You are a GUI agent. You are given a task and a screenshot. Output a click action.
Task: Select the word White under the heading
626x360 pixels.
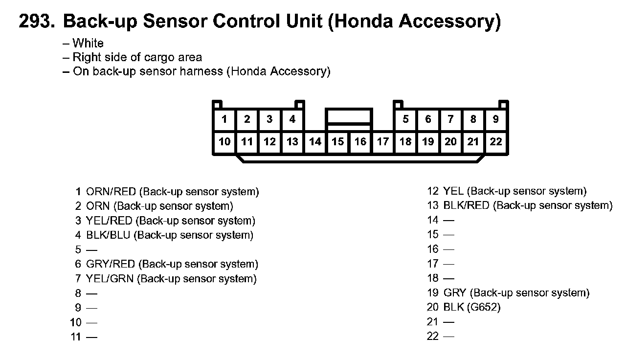coord(88,44)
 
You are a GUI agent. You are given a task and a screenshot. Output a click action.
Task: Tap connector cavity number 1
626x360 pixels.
coord(224,119)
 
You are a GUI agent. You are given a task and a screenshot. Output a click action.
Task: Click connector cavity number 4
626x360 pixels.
coord(292,119)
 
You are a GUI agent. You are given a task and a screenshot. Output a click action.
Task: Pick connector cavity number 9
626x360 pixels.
coord(495,119)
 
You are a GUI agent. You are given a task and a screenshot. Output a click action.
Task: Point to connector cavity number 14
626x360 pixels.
coord(315,142)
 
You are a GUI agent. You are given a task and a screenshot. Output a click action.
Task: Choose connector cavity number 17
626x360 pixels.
coord(383,142)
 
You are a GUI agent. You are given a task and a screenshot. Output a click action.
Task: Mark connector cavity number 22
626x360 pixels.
coord(495,142)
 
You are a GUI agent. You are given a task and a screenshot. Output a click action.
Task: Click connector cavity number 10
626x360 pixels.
coord(224,142)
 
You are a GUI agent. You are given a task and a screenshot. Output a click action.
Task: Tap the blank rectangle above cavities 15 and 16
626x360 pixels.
coord(349,116)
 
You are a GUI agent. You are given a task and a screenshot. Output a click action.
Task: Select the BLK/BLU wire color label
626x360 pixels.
coord(108,235)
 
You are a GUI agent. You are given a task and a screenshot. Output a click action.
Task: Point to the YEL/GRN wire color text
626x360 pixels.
coord(110,279)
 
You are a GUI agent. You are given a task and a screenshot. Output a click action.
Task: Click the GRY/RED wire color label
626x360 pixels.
coord(111,264)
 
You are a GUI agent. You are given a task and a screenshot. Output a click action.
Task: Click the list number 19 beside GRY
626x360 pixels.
coord(433,293)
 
